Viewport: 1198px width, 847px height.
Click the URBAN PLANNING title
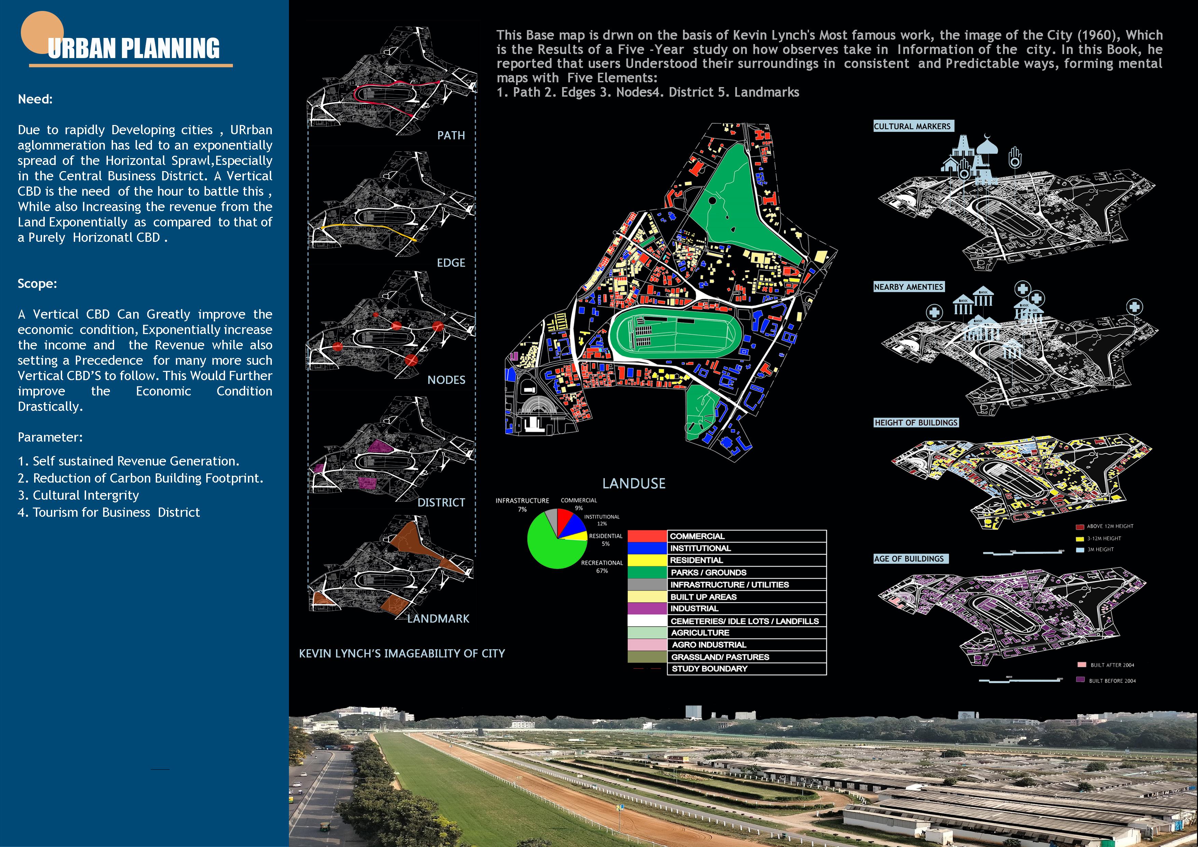click(x=134, y=48)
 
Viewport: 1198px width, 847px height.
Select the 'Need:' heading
click(x=35, y=99)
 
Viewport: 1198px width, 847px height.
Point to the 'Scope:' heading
click(x=37, y=283)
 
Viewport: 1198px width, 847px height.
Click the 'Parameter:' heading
click(x=50, y=437)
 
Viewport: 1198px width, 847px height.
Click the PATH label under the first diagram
click(x=451, y=136)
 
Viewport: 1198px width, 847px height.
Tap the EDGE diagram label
click(x=451, y=263)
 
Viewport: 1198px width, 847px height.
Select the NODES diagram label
click(x=446, y=380)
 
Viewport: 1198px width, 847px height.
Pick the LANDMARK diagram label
click(x=438, y=619)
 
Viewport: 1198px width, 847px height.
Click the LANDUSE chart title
click(x=634, y=484)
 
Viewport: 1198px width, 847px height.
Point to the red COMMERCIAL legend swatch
click(x=647, y=536)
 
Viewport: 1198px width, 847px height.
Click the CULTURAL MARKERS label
click(x=912, y=126)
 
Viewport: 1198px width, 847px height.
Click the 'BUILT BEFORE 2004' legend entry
click(x=1112, y=681)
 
